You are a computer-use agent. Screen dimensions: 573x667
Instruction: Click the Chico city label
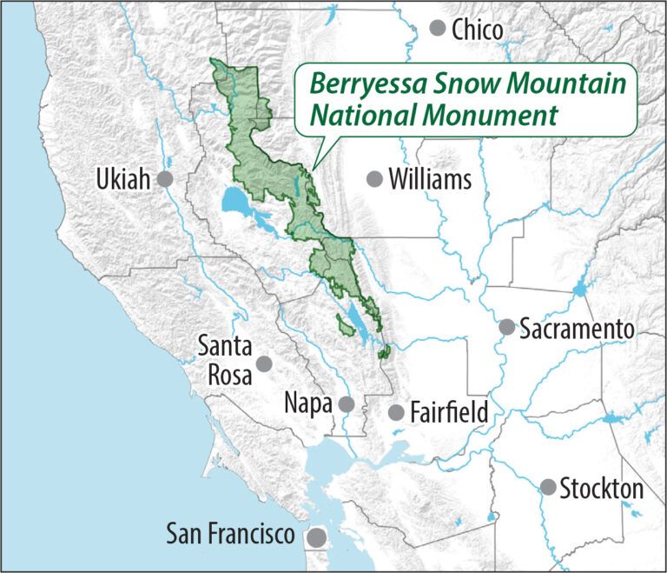pyautogui.click(x=478, y=30)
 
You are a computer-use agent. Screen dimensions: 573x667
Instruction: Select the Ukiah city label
pyautogui.click(x=125, y=180)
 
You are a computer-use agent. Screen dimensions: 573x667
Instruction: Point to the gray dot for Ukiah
pyautogui.click(x=165, y=179)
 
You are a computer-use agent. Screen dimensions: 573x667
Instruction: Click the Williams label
pyautogui.click(x=430, y=180)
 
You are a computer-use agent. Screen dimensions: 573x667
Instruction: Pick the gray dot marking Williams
pyautogui.click(x=374, y=179)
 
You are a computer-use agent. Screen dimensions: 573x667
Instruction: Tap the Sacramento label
pyautogui.click(x=578, y=329)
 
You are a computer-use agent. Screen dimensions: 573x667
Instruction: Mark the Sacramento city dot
pyautogui.click(x=506, y=328)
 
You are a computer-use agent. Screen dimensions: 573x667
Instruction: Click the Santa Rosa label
pyautogui.click(x=224, y=359)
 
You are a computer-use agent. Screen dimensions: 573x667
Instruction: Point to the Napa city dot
pyautogui.click(x=347, y=404)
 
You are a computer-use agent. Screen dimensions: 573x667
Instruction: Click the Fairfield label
pyautogui.click(x=450, y=411)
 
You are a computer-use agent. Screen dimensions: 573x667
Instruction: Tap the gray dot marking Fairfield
pyautogui.click(x=396, y=411)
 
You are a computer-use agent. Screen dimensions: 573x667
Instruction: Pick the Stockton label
pyautogui.click(x=602, y=488)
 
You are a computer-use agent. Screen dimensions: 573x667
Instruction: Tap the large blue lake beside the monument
pyautogui.click(x=235, y=203)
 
